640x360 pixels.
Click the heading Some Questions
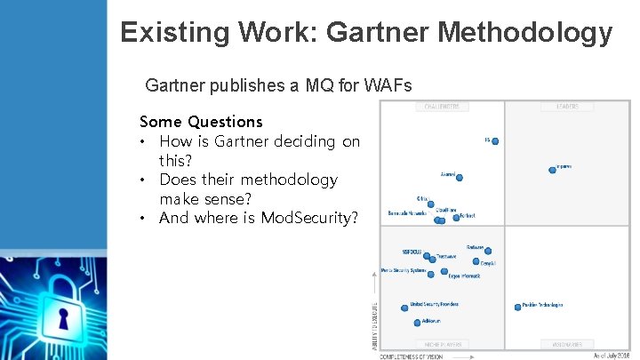[x=201, y=121]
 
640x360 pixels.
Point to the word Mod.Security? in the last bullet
[x=308, y=218]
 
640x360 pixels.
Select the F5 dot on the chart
[x=495, y=140]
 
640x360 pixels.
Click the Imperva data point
[x=555, y=170]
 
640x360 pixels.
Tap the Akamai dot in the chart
[x=459, y=177]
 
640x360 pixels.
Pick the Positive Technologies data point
[x=517, y=307]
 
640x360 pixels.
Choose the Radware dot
[x=487, y=251]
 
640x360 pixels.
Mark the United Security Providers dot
[x=405, y=307]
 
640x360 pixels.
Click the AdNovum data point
[x=418, y=322]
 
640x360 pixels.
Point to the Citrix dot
[x=434, y=201]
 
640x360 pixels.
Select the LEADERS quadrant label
[x=567, y=108]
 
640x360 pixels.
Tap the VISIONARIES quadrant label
[x=567, y=343]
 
